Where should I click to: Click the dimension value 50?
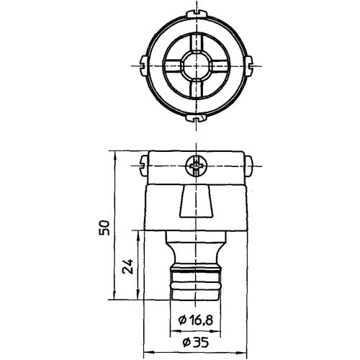click(x=106, y=228)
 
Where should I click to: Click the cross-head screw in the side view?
click(x=196, y=166)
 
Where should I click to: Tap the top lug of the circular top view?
click(x=196, y=13)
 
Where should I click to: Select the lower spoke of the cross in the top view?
click(x=196, y=86)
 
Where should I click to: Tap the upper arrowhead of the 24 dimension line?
click(x=137, y=233)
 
